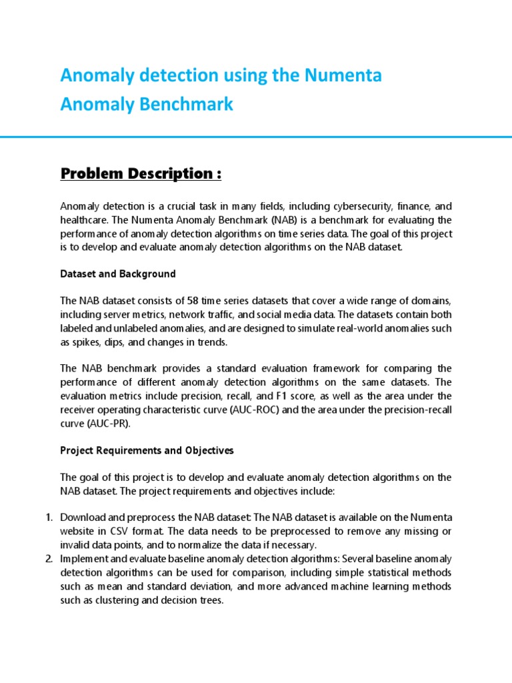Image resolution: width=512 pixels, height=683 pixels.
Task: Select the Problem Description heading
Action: pyautogui.click(x=140, y=174)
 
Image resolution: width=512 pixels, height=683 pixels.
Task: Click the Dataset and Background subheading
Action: pyautogui.click(x=117, y=273)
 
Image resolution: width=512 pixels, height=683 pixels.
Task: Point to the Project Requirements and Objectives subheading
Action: pyautogui.click(x=147, y=450)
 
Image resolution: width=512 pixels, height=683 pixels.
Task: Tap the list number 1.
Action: pyautogui.click(x=49, y=518)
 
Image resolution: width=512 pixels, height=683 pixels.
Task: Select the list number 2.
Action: pyautogui.click(x=49, y=558)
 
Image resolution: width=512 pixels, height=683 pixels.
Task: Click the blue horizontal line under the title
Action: pyautogui.click(x=256, y=137)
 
